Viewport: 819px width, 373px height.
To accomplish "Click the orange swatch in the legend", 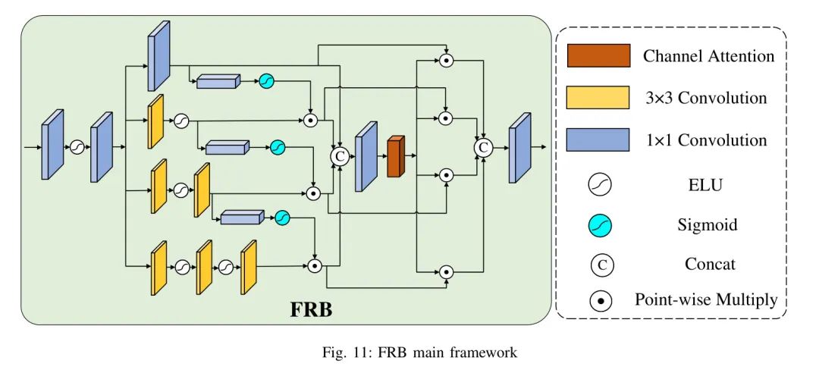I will point(598,56).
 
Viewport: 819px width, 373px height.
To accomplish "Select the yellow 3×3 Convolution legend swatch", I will point(598,98).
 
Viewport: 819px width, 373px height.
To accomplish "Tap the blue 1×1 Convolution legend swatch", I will point(598,139).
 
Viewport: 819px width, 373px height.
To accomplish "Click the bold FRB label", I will point(312,310).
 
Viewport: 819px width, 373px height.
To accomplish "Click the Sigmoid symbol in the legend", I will point(601,224).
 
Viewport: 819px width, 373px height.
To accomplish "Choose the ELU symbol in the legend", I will point(601,183).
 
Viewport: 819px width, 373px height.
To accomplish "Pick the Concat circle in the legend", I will point(601,265).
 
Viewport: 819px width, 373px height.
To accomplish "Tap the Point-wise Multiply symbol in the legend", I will point(601,301).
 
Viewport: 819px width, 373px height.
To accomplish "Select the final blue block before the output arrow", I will point(520,148).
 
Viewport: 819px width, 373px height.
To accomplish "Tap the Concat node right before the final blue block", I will point(482,148).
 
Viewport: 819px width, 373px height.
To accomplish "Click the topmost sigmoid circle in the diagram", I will point(266,80).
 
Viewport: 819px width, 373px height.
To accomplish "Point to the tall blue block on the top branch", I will point(158,56).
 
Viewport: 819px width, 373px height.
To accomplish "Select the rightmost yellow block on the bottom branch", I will point(249,267).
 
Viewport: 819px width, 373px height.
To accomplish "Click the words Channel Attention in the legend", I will point(708,56).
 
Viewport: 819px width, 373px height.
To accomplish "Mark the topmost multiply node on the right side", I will point(447,60).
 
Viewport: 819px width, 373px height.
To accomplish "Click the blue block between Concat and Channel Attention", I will point(366,156).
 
